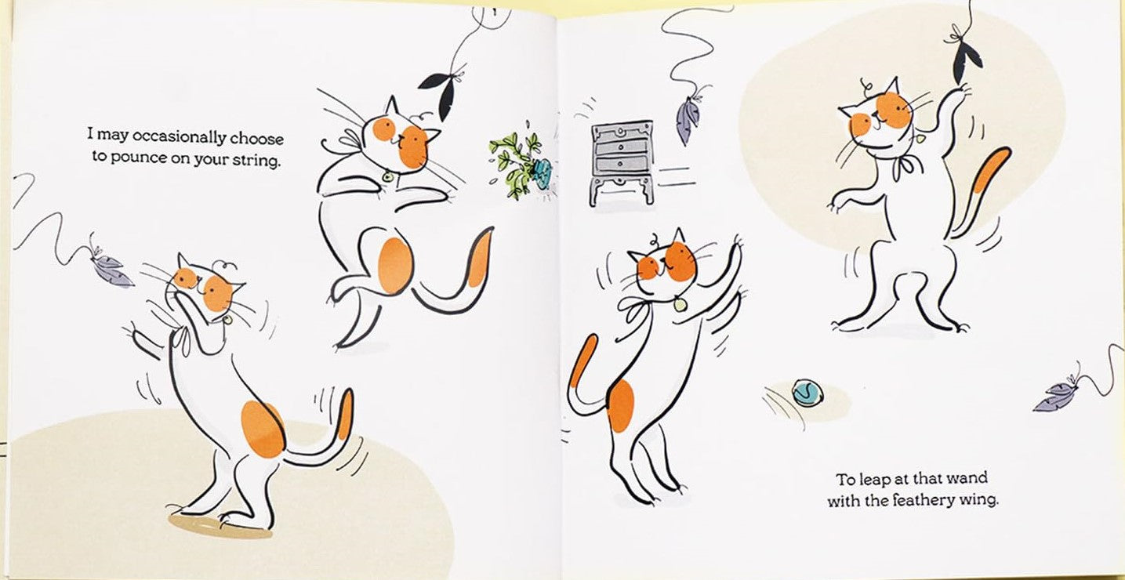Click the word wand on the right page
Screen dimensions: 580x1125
[967, 477]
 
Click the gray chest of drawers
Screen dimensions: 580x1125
[622, 161]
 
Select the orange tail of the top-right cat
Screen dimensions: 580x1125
[989, 172]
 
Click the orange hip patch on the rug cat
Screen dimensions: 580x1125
[263, 429]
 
